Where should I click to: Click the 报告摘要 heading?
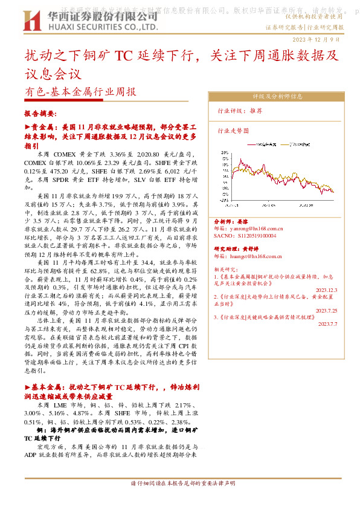pos(40,114)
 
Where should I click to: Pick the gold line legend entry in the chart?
pos(296,146)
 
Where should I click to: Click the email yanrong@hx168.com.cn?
pos(248,229)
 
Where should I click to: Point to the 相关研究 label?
pos(227,268)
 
